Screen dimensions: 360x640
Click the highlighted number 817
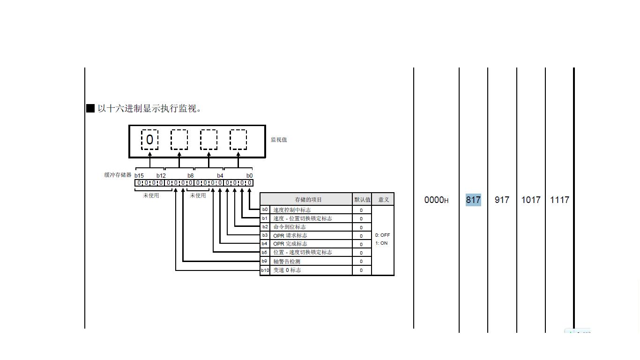[473, 200]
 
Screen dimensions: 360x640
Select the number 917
[502, 200]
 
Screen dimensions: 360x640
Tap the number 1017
[531, 200]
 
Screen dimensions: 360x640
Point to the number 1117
[559, 200]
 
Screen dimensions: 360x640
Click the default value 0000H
[436, 200]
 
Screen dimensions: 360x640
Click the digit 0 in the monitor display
[149, 140]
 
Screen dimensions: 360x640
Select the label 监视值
[279, 140]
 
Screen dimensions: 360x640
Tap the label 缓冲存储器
[118, 175]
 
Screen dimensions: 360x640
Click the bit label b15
[139, 176]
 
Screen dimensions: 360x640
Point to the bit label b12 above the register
[161, 176]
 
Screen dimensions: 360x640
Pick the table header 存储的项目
[308, 200]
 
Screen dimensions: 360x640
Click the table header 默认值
[362, 200]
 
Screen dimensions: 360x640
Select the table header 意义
[384, 200]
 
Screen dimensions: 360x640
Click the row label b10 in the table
[265, 270]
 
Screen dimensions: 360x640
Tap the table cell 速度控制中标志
[292, 210]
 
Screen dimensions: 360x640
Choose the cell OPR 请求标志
[290, 235]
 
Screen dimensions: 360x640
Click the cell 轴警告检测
[287, 262]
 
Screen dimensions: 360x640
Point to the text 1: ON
[381, 243]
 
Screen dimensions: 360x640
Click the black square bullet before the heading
[90, 108]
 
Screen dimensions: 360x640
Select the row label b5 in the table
[265, 252]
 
